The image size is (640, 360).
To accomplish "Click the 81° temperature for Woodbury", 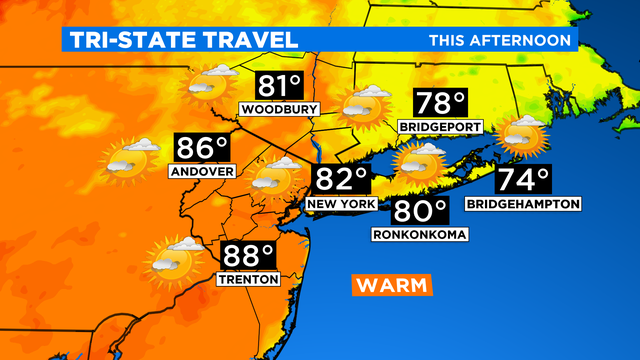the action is click(278, 85).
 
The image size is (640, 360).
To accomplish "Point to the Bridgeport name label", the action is click(440, 127).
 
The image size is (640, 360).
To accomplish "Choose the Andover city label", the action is click(202, 171).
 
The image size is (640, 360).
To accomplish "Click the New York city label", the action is click(343, 203).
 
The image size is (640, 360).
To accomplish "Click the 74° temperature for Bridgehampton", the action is click(524, 181).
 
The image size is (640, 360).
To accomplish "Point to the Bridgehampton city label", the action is click(523, 203).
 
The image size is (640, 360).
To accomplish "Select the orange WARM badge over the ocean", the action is click(391, 285).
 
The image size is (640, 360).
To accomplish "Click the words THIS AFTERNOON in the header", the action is click(500, 40).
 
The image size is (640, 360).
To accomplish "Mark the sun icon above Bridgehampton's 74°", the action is click(523, 135).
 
